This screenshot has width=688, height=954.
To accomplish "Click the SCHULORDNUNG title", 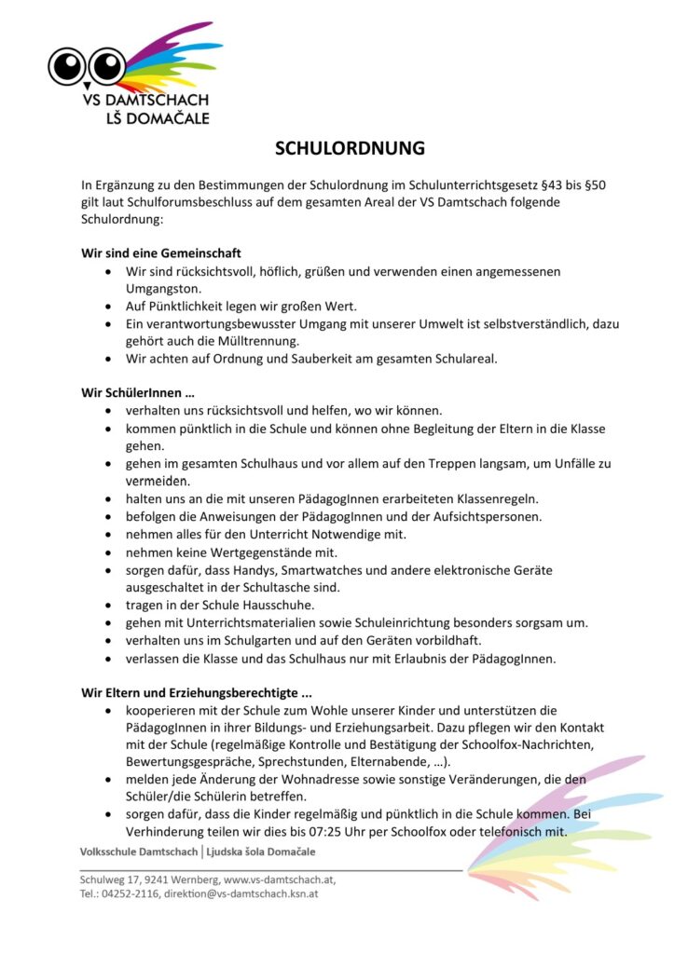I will [350, 148].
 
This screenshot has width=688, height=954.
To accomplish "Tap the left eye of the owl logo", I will [67, 65].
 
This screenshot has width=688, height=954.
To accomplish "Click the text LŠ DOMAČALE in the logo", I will [158, 118].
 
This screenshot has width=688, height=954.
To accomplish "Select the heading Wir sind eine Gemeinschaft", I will [161, 252].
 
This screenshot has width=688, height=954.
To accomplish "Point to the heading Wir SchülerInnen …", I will [137, 392].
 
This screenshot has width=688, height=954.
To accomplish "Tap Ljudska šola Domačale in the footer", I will [260, 852].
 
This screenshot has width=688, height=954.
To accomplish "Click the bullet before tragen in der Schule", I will [109, 605].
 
